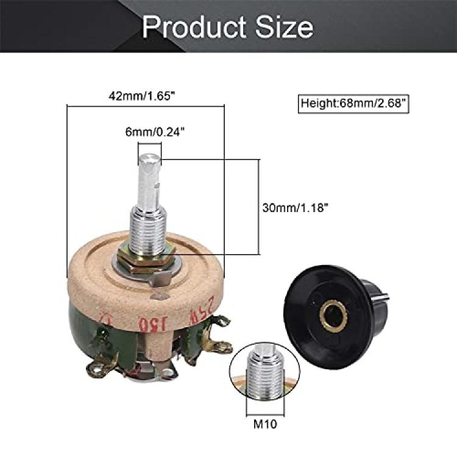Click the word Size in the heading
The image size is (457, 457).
(285, 27)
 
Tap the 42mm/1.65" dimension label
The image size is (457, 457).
(143, 96)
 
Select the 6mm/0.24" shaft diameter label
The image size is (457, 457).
(155, 132)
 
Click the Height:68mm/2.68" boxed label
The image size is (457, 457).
(353, 104)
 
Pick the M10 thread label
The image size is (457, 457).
(265, 423)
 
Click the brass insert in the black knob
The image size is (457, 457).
(334, 316)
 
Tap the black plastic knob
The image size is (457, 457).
(335, 317)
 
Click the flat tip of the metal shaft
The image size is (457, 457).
(150, 160)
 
